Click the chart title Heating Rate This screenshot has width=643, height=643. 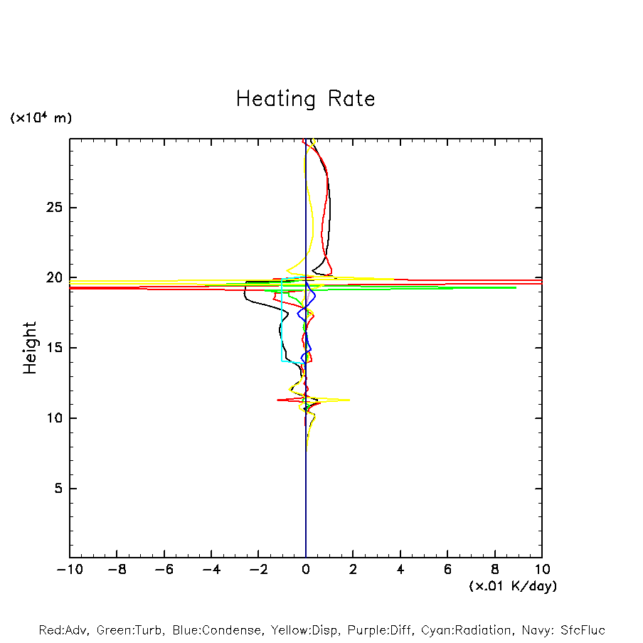coord(305,98)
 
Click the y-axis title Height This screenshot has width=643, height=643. coord(30,348)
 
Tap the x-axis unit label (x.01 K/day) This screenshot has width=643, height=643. coord(512,586)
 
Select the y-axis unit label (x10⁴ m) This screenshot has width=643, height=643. coord(41,118)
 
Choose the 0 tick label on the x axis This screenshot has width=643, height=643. coord(306,570)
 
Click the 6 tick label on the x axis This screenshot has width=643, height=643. coord(447,570)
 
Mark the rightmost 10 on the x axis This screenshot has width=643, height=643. coord(542,570)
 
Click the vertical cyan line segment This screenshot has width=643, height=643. coord(282,324)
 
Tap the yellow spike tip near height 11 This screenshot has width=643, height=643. coord(349,400)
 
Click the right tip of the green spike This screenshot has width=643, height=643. coord(516,287)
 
